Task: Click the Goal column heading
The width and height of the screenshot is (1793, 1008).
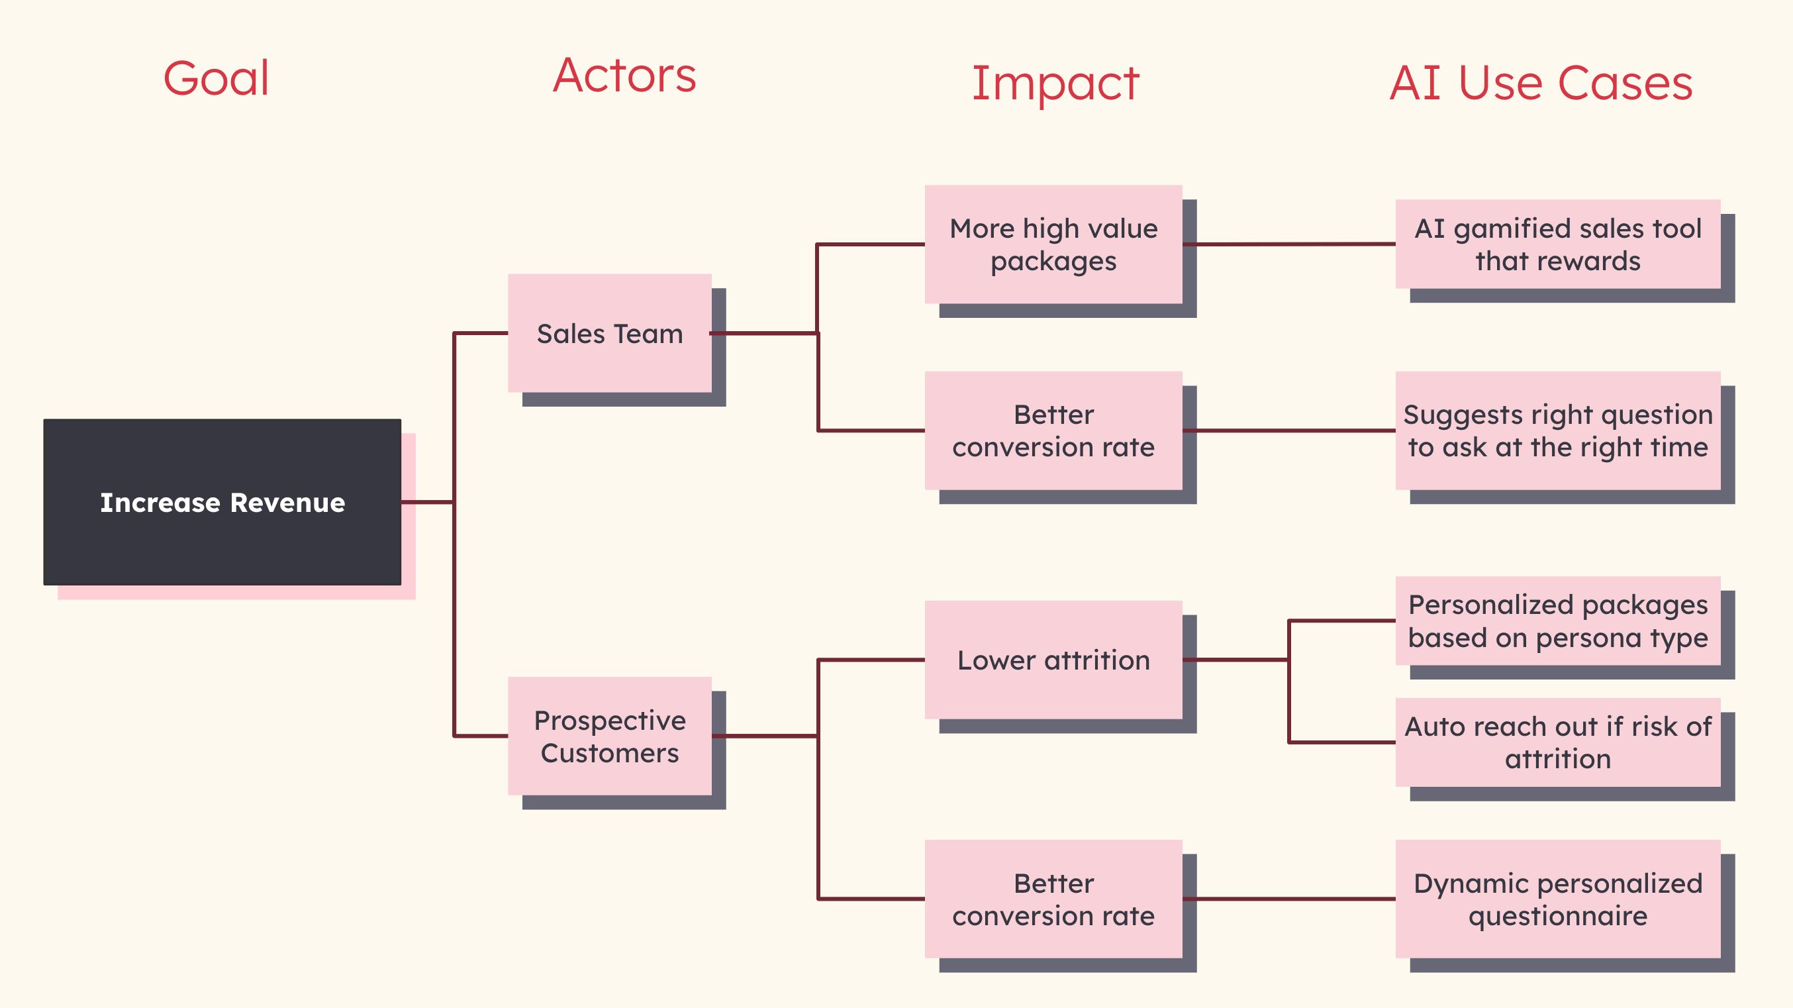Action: (216, 78)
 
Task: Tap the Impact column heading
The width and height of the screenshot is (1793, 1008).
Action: (1055, 83)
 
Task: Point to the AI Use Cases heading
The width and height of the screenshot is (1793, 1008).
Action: (1541, 83)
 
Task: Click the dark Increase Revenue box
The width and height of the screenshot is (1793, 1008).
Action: (222, 502)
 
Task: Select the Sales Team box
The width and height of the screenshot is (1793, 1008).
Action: (610, 333)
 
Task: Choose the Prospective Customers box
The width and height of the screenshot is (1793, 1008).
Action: (610, 736)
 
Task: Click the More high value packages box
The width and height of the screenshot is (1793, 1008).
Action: (1053, 244)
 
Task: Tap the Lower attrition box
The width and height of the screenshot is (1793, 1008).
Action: (1053, 660)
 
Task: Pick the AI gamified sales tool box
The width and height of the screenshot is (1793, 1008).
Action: (1558, 244)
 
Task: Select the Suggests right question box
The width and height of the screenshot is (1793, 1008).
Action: (1558, 430)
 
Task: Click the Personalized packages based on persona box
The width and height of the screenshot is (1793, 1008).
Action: (1558, 621)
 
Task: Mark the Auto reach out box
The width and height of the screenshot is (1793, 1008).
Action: (1558, 742)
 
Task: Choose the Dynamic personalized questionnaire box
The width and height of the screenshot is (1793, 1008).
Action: (1558, 899)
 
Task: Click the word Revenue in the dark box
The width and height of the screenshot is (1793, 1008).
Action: (287, 503)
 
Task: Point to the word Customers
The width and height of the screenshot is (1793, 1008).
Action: (610, 753)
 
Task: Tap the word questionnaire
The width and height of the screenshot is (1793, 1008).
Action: (1558, 916)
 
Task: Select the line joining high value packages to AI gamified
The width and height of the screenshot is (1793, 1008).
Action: (1288, 244)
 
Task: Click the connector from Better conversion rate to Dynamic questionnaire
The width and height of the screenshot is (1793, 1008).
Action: (1288, 899)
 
